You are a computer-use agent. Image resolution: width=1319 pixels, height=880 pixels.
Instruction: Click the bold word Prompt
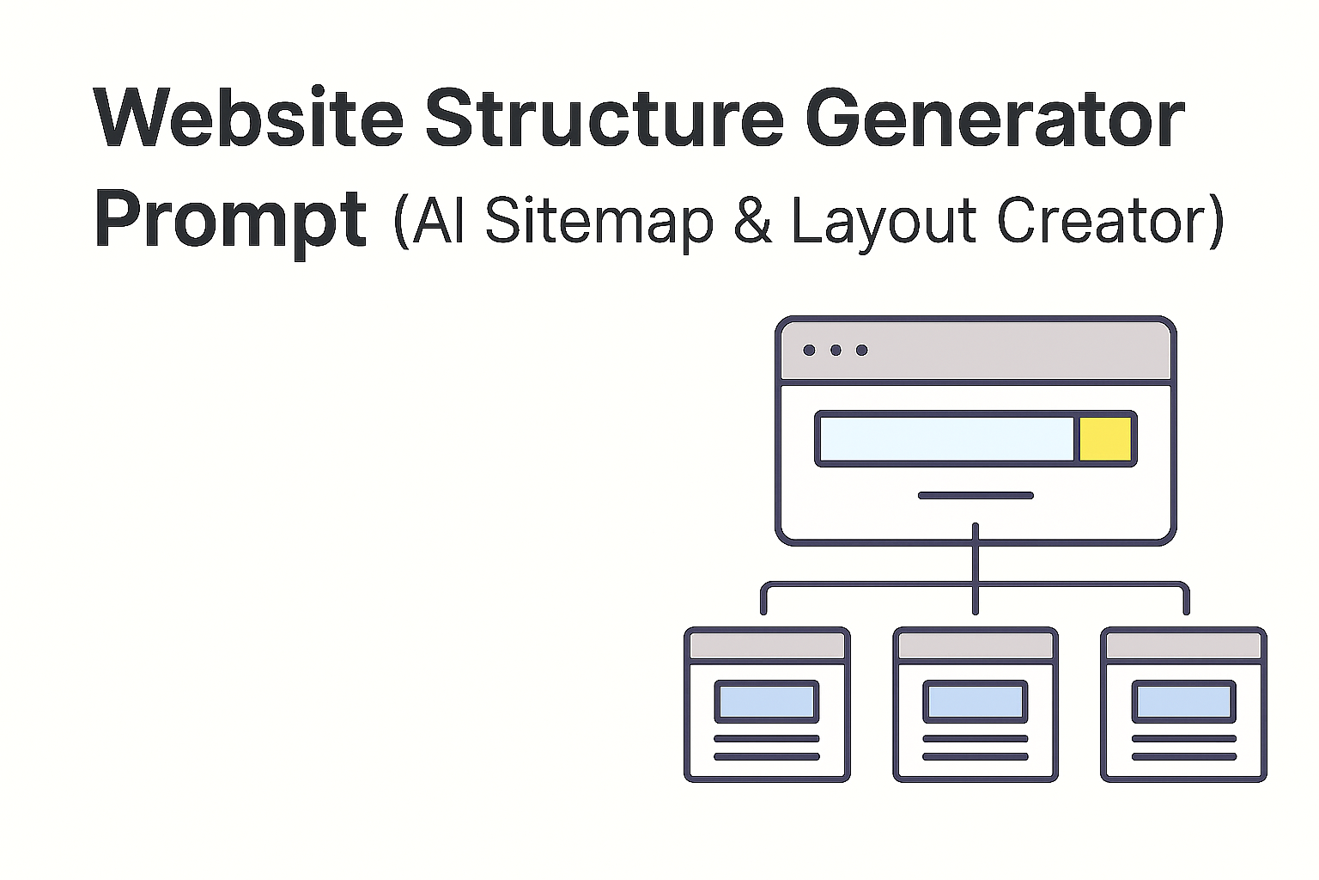230,220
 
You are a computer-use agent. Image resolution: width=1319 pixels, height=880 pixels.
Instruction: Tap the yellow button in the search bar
1104,439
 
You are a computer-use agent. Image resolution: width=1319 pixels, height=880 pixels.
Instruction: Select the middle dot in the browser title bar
836,350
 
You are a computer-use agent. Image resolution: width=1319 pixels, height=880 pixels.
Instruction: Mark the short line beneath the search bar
976,495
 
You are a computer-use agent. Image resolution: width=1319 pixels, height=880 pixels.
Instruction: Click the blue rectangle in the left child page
767,701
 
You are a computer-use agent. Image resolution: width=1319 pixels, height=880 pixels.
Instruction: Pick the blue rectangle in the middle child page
976,701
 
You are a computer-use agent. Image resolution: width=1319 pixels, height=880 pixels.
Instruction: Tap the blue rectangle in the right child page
1184,701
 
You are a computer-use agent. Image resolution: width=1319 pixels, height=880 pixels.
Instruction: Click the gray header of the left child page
767,645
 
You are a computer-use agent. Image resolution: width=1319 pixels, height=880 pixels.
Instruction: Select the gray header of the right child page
1184,645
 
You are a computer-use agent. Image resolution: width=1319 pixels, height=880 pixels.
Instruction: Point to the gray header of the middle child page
976,645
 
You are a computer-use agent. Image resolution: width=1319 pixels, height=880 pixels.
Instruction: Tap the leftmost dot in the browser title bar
809,350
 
